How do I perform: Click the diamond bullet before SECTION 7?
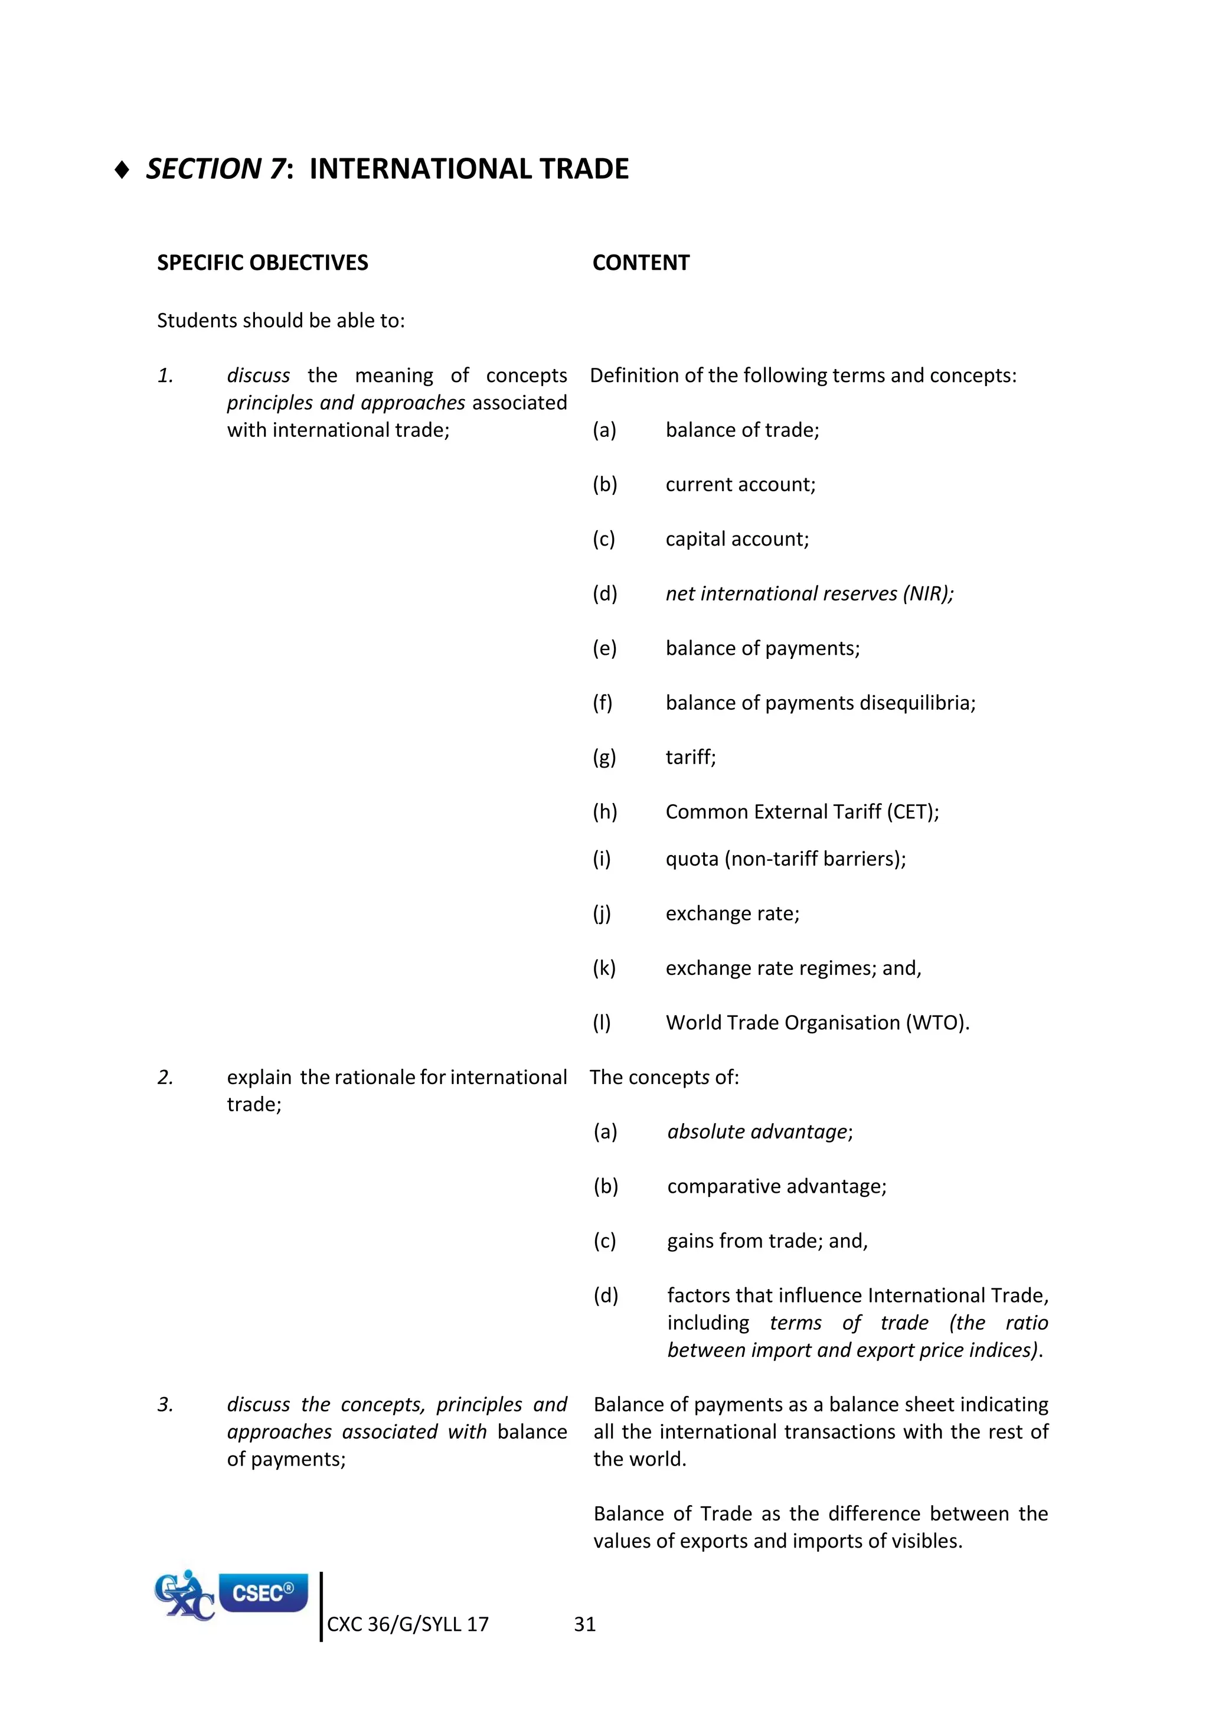coord(123,170)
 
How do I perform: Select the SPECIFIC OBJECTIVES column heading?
coord(262,263)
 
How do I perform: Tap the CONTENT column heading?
coord(641,263)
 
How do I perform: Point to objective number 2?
coord(165,1077)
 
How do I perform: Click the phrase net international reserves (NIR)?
coord(809,593)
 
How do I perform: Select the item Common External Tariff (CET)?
coord(801,812)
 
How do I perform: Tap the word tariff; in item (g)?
coord(690,758)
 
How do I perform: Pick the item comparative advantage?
coord(776,1186)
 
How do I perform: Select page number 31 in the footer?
coord(584,1625)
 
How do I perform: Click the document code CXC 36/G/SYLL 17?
coord(407,1625)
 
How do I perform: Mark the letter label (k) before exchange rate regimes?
coord(604,968)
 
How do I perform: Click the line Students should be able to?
coord(280,321)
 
